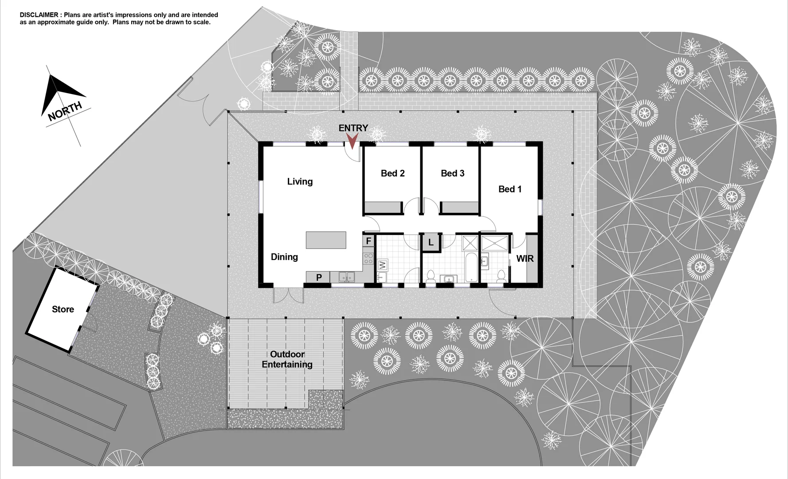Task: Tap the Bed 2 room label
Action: pyautogui.click(x=392, y=173)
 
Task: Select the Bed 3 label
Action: pyautogui.click(x=452, y=173)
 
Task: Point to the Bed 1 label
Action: pyautogui.click(x=510, y=189)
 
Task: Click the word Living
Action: pyautogui.click(x=300, y=181)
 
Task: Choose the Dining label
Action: pyautogui.click(x=284, y=257)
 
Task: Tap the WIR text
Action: pyautogui.click(x=525, y=259)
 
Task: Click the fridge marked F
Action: pyautogui.click(x=369, y=241)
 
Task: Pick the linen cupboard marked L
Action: pyautogui.click(x=431, y=243)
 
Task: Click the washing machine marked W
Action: pyautogui.click(x=382, y=265)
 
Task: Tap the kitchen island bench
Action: pyautogui.click(x=326, y=240)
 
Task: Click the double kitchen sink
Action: pyautogui.click(x=347, y=277)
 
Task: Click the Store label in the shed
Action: pyautogui.click(x=63, y=310)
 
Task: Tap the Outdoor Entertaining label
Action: pyautogui.click(x=287, y=359)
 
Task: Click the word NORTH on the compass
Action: pyautogui.click(x=65, y=111)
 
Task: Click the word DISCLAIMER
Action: pyautogui.click(x=39, y=15)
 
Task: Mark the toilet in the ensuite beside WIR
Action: pyautogui.click(x=501, y=275)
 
